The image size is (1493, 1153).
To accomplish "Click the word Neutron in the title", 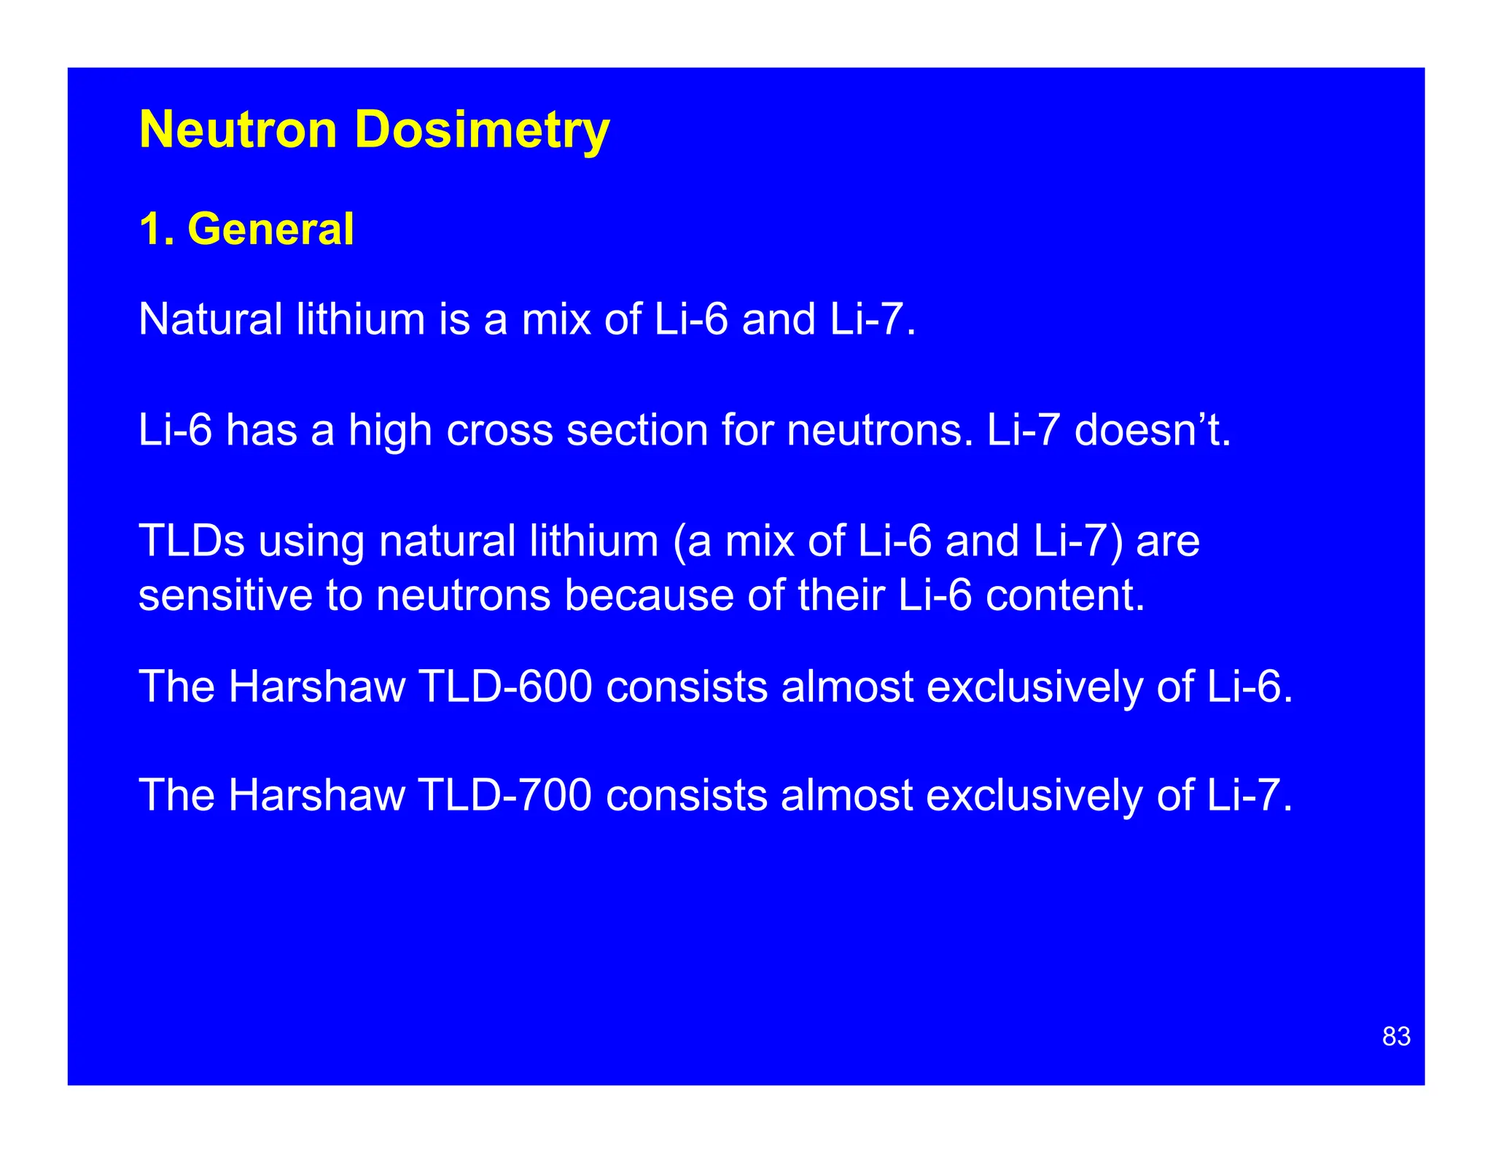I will (x=238, y=130).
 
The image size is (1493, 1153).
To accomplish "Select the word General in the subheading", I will (x=270, y=229).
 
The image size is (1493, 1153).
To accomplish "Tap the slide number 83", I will (x=1396, y=1036).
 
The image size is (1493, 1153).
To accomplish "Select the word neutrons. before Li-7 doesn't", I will (x=880, y=430).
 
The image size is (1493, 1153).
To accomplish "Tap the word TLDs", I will (x=191, y=541).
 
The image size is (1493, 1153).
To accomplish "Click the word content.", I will (x=1065, y=595).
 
